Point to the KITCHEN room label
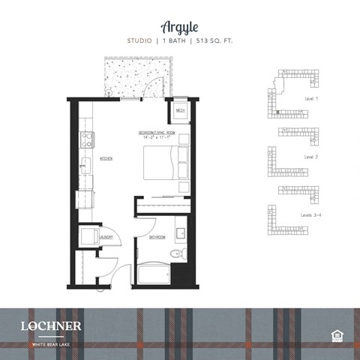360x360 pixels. coord(106,160)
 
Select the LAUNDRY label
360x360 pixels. coord(106,238)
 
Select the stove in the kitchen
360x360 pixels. coord(86,139)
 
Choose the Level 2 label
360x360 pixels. coord(311,157)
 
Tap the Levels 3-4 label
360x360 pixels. coord(313,215)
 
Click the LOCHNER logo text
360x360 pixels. coord(51,325)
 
